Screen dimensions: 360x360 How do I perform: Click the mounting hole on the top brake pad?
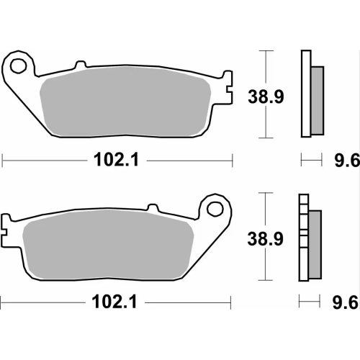point(19,66)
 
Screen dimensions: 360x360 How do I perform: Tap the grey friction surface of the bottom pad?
point(108,246)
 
